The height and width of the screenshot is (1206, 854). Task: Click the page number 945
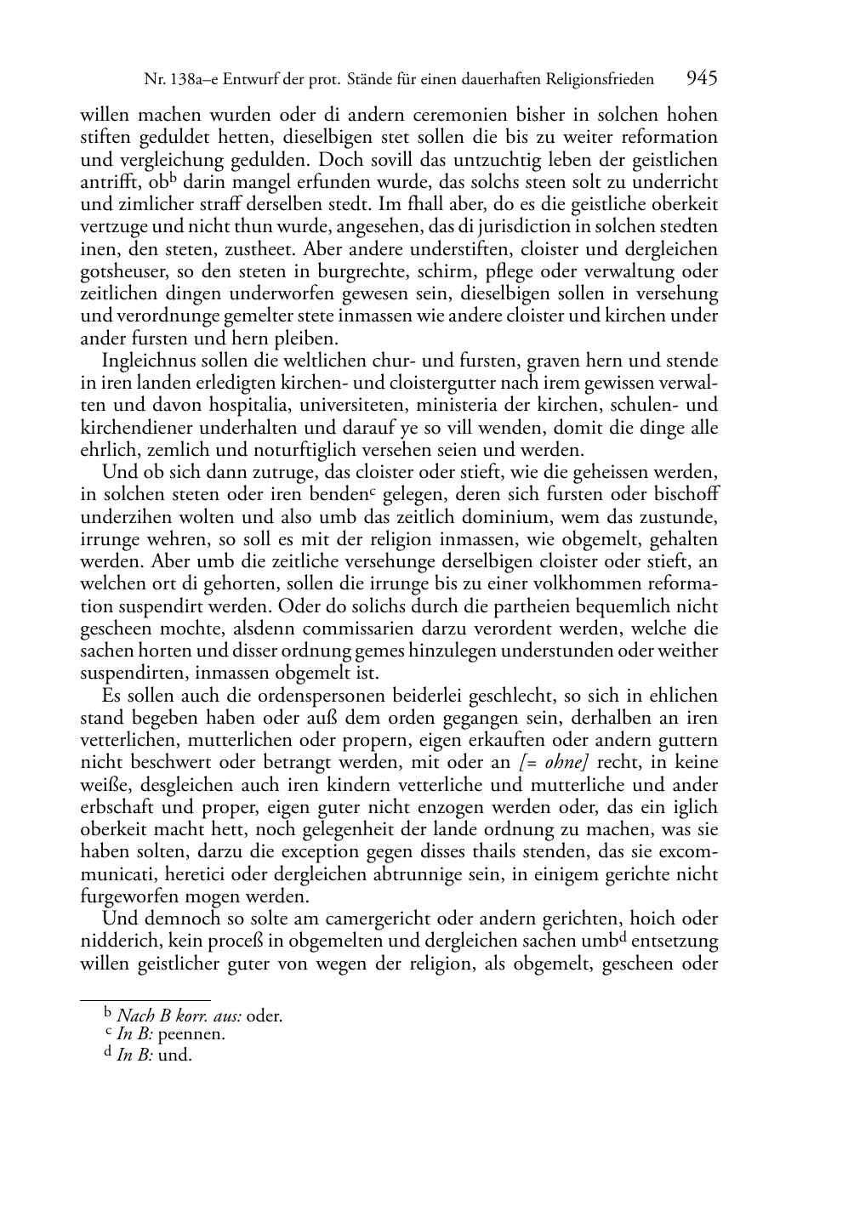pyautogui.click(x=702, y=78)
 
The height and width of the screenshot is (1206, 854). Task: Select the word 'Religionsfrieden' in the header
pyautogui.click(x=601, y=80)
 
